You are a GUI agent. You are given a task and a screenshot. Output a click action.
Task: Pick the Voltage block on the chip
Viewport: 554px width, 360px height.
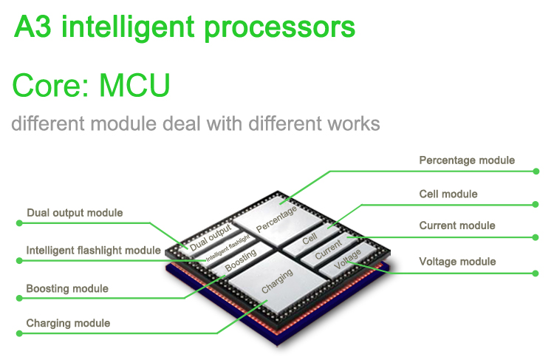[348, 265]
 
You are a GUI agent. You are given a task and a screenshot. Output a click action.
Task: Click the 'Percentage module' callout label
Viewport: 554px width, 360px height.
[467, 160]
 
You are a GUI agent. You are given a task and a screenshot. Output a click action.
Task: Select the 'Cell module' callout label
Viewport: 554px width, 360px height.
[448, 194]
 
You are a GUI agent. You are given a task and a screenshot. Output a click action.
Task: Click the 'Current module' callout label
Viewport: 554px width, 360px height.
[457, 226]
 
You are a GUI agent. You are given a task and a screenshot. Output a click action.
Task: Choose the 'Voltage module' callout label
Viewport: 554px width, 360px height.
[457, 262]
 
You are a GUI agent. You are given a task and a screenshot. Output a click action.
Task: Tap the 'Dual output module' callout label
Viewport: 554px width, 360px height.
[75, 214]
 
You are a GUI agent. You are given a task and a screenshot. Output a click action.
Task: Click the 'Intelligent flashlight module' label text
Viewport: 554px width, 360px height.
[93, 251]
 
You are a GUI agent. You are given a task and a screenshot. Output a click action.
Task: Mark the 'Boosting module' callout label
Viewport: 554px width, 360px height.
[67, 288]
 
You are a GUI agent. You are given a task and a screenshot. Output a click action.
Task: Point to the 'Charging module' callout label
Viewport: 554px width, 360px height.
[68, 323]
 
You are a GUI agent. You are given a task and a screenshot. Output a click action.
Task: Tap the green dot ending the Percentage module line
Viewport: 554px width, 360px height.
[537, 171]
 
